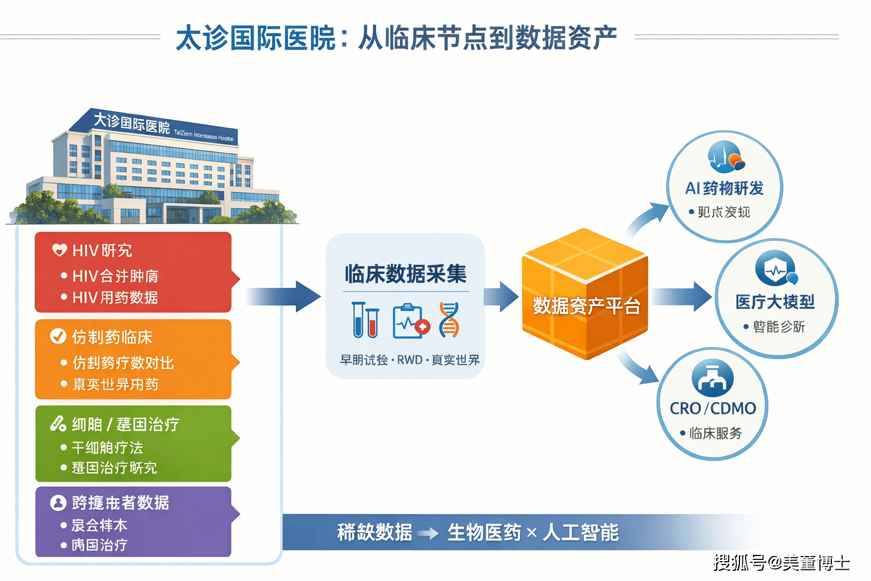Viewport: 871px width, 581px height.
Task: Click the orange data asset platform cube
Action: point(585,295)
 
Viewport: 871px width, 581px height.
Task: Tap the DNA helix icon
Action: point(449,320)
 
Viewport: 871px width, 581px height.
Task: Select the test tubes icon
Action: point(365,320)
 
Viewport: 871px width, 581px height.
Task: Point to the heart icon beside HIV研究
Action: point(60,250)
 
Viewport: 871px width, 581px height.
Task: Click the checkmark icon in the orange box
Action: point(58,336)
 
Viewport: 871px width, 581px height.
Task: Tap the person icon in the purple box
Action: point(58,503)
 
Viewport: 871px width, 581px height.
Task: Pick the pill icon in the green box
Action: point(58,423)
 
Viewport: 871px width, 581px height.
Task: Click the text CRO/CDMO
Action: point(713,409)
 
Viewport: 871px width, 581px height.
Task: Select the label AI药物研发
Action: point(724,188)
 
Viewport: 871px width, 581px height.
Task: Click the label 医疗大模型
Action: point(775,302)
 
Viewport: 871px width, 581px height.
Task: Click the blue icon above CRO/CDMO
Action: point(713,378)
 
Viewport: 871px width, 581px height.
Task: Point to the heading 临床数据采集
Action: point(405,274)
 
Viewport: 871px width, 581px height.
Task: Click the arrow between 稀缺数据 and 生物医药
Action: point(428,533)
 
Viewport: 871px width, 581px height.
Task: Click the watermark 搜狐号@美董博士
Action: point(781,563)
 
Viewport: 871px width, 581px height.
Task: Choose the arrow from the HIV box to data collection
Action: point(284,296)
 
